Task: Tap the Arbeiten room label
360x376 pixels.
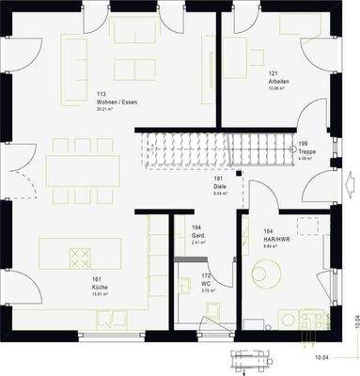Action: tap(278, 82)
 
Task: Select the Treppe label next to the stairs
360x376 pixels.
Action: tap(307, 151)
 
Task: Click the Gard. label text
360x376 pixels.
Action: tap(197, 235)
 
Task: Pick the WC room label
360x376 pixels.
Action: tap(206, 284)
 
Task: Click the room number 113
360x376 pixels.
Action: tap(101, 94)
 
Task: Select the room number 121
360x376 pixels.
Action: tap(274, 74)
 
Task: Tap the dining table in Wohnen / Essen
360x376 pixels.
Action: tap(84, 170)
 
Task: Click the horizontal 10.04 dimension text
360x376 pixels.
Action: tap(321, 358)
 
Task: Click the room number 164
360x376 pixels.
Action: tap(268, 230)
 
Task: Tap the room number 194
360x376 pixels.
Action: tap(196, 227)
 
